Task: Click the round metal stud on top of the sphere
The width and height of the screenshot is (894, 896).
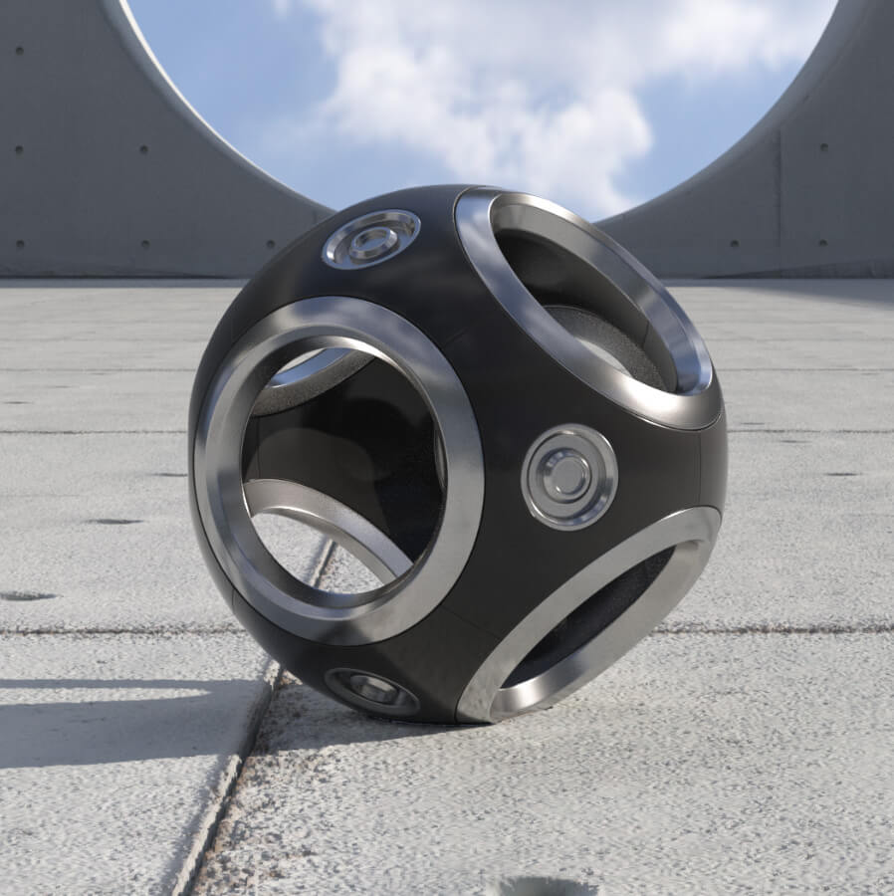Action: tap(370, 239)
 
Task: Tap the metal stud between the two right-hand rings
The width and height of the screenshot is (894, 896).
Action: tap(568, 476)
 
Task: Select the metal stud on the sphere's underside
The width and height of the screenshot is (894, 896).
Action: tap(371, 690)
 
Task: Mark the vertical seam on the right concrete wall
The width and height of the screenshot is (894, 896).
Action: tap(780, 199)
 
